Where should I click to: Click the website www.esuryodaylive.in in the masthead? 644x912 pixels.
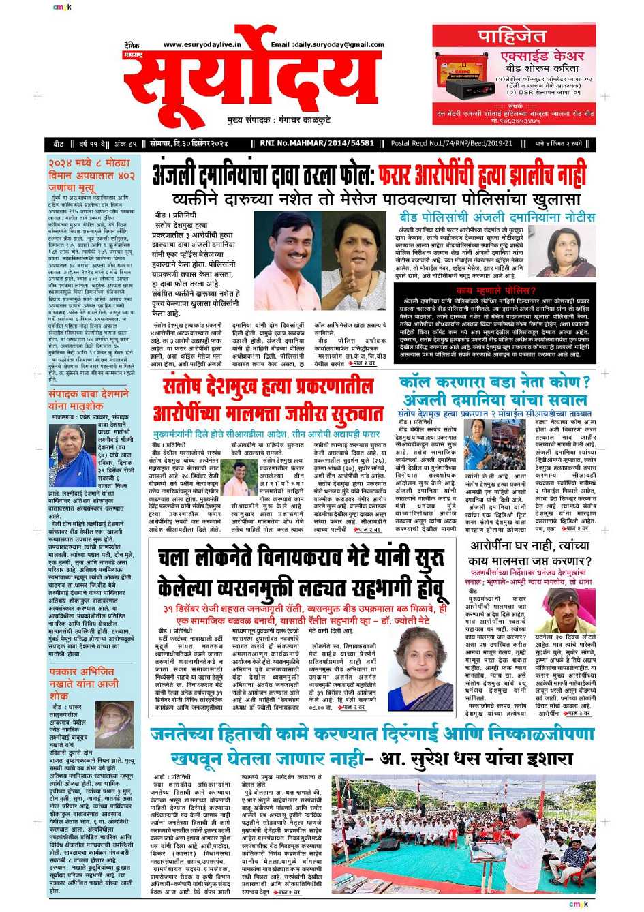[202, 45]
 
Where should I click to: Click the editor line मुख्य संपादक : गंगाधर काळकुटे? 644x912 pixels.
[279, 120]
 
